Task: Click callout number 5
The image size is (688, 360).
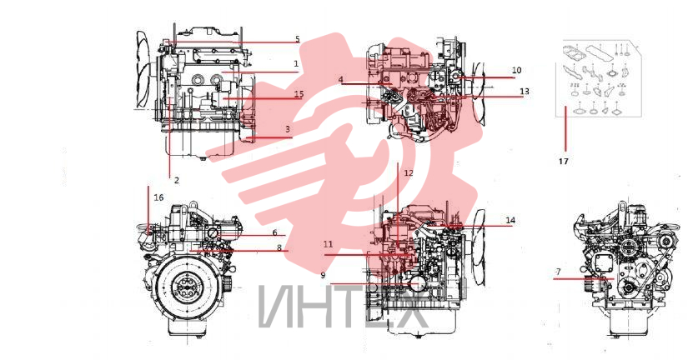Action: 298,39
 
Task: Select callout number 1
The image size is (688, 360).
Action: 296,63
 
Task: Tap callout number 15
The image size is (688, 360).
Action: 299,94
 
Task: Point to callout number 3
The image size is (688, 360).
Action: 288,129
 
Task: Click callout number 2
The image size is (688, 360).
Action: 177,180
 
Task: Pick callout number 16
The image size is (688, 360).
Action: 158,197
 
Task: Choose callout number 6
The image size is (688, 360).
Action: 274,232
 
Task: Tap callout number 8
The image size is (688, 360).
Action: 279,247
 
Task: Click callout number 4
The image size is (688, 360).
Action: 341,80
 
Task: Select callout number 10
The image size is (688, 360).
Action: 516,70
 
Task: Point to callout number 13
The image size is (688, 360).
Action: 525,91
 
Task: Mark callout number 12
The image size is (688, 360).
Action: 409,173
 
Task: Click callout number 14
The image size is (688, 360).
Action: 510,220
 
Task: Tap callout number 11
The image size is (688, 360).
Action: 329,244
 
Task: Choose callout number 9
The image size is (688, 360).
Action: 323,275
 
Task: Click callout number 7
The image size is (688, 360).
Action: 558,272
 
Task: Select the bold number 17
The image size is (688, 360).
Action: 564,162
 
